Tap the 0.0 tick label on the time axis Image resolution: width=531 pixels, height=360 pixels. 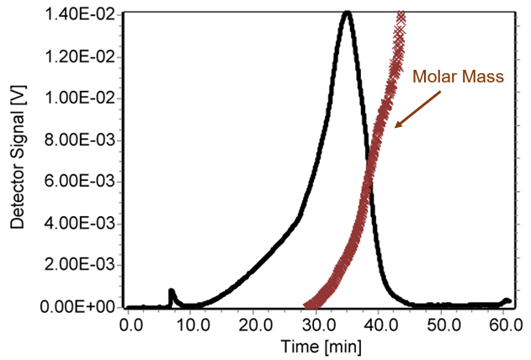(x=130, y=324)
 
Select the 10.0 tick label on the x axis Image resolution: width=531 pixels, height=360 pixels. (x=193, y=324)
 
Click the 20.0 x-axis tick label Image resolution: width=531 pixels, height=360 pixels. (x=255, y=324)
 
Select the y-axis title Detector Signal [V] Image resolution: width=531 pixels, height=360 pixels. (x=16, y=160)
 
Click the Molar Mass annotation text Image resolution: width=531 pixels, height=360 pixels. (x=458, y=77)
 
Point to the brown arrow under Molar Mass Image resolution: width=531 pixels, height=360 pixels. (x=417, y=108)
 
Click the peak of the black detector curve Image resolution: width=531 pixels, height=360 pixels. (x=347, y=13)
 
